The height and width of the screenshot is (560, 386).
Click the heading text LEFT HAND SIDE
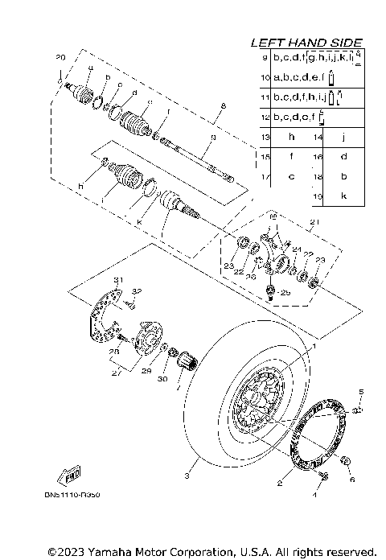point(306,43)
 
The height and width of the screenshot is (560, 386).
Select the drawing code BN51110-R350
point(78,496)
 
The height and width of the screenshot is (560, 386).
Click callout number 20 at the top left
point(60,58)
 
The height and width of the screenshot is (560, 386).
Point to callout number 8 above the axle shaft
point(223,105)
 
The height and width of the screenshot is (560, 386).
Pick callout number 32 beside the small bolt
point(137,290)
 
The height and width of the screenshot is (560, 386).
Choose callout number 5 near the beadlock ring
point(361,391)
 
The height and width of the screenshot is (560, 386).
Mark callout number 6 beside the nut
point(351,479)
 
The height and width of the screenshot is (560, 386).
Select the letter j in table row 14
point(343,138)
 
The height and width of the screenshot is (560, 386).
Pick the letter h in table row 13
point(292,138)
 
